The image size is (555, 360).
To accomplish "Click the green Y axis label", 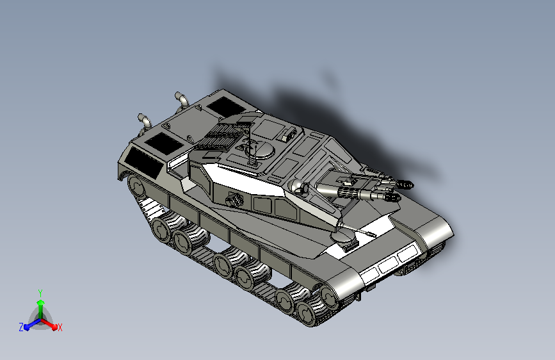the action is (40, 293).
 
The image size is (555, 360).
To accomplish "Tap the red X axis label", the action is (60, 328).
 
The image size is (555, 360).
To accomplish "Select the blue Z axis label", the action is (21, 327).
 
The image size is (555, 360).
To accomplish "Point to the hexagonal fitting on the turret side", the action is (234, 200).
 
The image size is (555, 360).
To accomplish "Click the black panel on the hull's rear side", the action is (143, 162).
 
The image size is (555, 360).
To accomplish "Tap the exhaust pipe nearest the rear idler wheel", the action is (145, 120).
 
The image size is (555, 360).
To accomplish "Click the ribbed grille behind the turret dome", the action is (216, 137).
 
